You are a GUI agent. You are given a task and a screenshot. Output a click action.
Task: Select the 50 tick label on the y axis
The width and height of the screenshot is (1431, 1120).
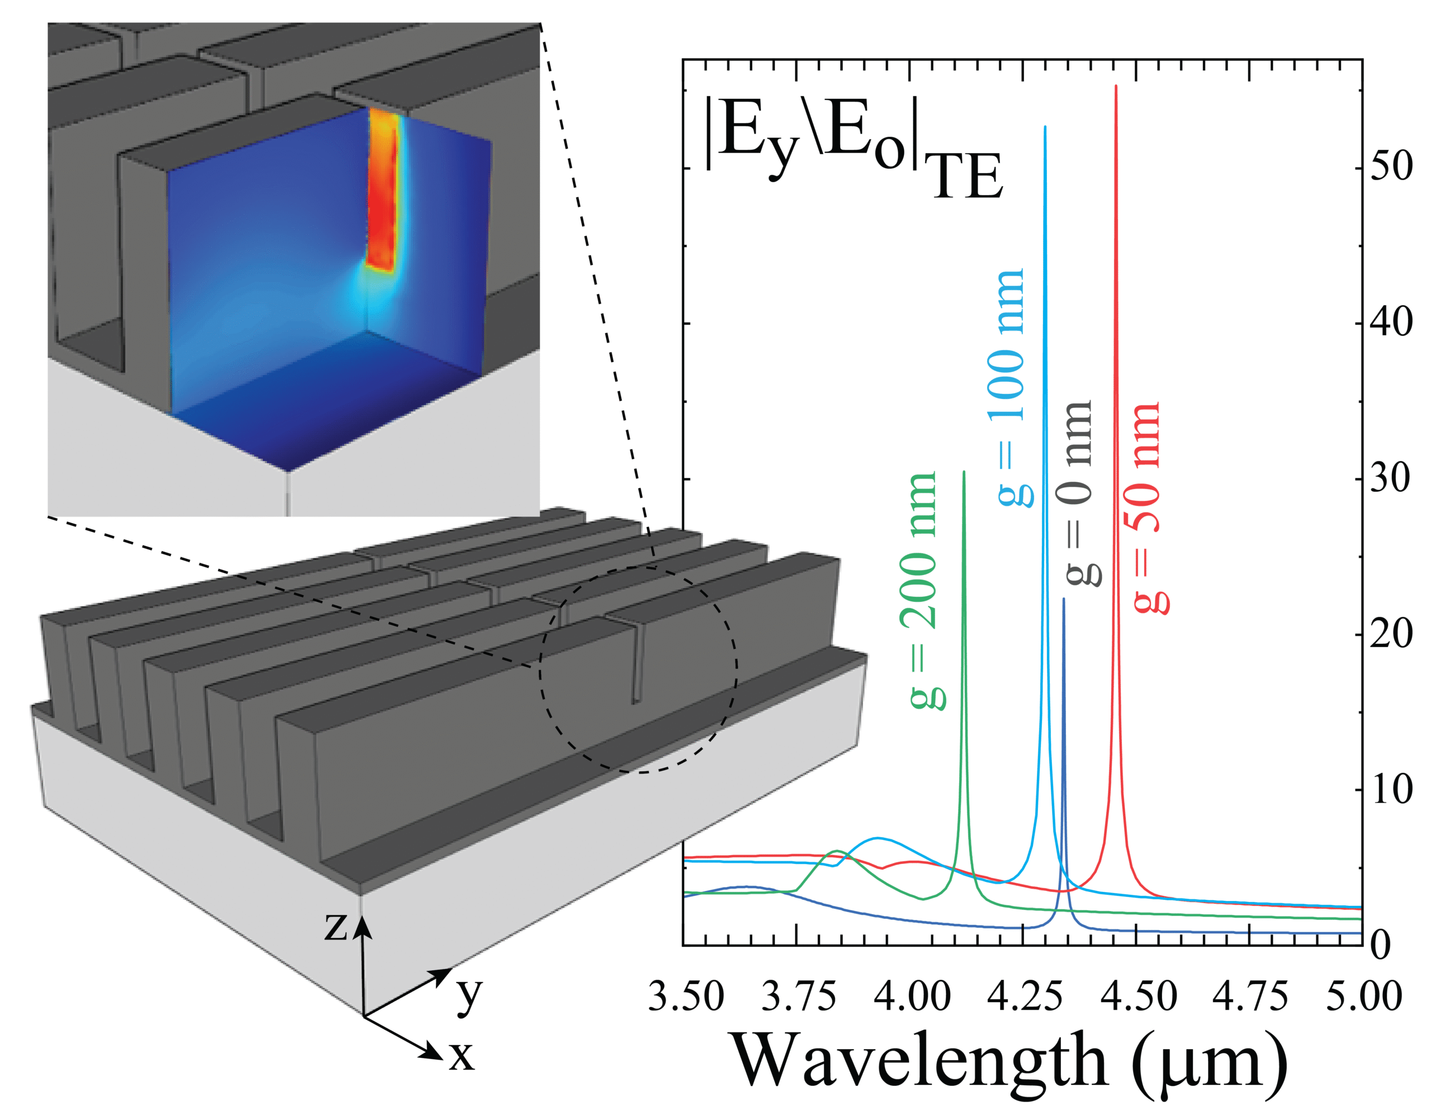click(x=1392, y=167)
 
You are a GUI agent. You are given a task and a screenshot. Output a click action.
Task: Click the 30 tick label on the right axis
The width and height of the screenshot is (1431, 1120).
click(x=1392, y=480)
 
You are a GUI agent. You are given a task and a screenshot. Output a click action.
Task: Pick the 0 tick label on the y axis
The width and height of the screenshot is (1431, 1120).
click(x=1381, y=946)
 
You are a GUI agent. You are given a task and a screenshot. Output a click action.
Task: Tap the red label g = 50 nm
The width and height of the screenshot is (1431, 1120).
click(x=1148, y=508)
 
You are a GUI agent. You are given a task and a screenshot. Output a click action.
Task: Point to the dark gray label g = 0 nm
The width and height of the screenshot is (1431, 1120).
click(x=1078, y=492)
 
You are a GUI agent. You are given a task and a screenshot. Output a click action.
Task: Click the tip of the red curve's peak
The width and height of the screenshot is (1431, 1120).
click(x=1116, y=87)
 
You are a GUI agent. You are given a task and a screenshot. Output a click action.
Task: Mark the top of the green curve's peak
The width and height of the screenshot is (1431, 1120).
click(x=963, y=472)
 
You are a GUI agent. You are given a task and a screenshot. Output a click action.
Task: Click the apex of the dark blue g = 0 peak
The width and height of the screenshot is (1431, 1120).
click(x=1064, y=599)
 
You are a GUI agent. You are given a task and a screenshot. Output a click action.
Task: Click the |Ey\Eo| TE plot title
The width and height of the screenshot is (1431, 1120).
click(x=852, y=148)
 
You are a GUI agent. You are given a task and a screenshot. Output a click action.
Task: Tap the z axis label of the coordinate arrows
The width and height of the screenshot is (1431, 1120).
click(x=336, y=927)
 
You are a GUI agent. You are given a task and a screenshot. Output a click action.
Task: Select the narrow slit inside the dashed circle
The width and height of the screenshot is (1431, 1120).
click(x=636, y=662)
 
